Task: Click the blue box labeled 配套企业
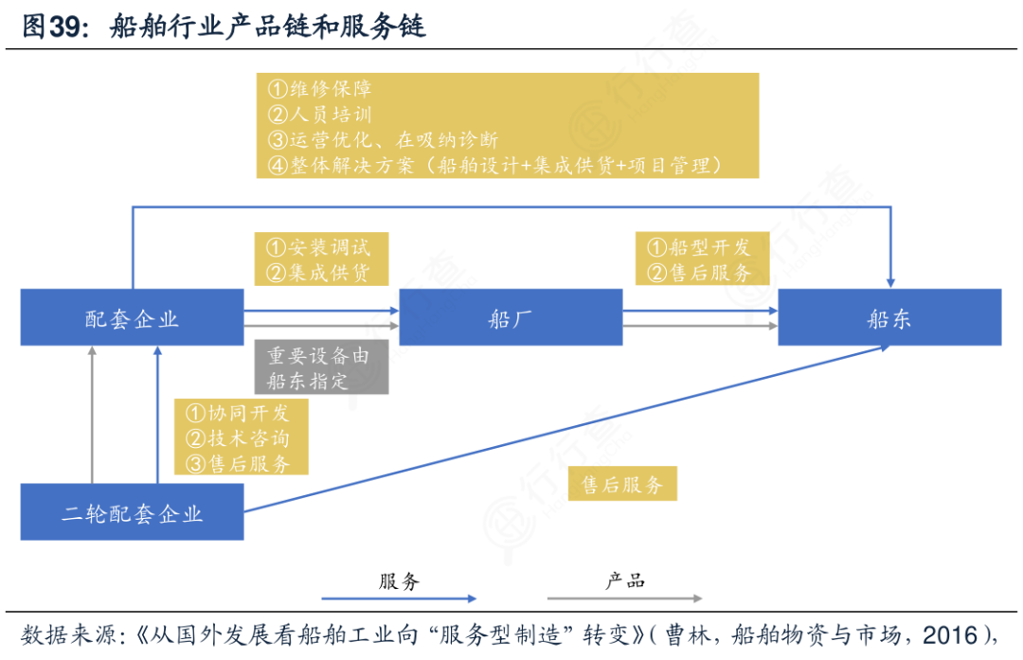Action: point(132,318)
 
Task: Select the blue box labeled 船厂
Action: point(511,318)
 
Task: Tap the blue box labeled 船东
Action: point(889,318)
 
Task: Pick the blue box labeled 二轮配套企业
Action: point(132,513)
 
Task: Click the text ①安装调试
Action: point(319,248)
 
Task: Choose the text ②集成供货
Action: point(319,273)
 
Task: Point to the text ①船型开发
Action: point(699,248)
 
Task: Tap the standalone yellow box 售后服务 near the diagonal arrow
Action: point(622,486)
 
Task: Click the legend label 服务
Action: point(399,580)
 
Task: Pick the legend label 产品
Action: point(625,580)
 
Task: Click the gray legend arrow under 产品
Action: point(624,598)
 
